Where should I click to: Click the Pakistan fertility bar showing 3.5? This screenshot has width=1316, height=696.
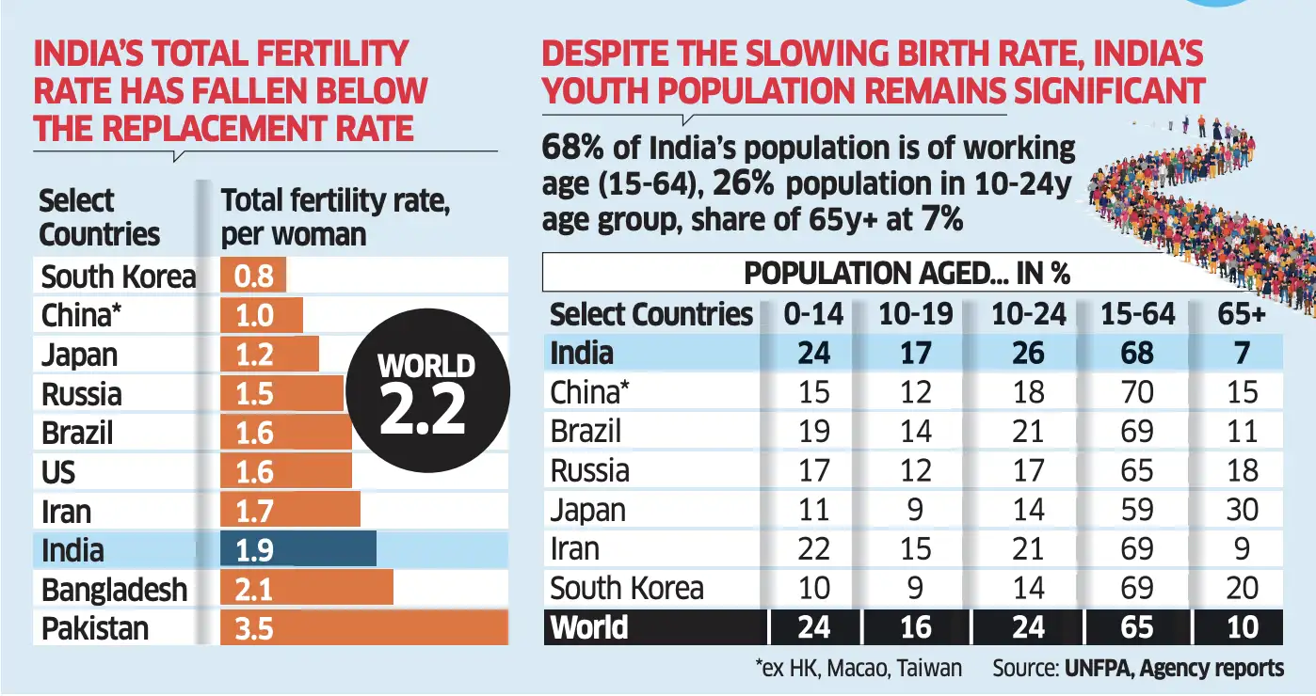point(363,627)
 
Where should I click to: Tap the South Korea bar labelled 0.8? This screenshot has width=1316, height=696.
point(252,276)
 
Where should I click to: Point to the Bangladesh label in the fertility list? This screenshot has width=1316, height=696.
point(114,590)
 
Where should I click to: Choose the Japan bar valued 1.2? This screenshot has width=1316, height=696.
point(269,355)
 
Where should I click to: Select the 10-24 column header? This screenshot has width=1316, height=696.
point(1028,313)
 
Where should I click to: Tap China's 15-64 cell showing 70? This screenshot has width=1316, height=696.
point(1136,391)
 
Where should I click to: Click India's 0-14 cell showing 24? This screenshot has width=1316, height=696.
point(813,353)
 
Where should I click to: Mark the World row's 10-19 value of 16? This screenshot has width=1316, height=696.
point(915,627)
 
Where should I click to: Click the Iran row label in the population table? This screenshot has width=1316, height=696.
point(574,548)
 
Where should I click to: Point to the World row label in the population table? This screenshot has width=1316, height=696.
point(589,627)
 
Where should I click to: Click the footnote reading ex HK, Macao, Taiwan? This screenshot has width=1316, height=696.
point(858,669)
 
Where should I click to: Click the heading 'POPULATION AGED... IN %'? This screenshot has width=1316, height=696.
point(907,273)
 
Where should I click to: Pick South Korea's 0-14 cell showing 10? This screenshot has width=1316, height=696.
point(813,588)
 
